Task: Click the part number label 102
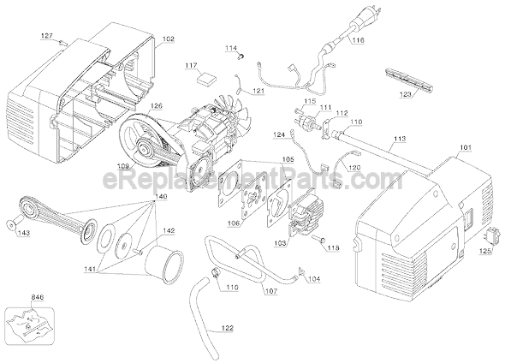pyautogui.click(x=168, y=39)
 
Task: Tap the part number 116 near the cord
pyautogui.click(x=357, y=40)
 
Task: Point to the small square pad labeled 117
pyautogui.click(x=204, y=79)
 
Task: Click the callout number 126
pyautogui.click(x=154, y=107)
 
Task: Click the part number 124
pyautogui.click(x=279, y=135)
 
